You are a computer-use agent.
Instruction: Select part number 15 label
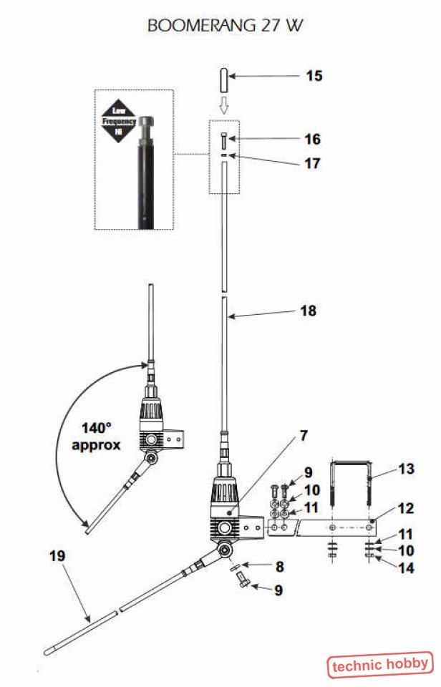pyautogui.click(x=314, y=76)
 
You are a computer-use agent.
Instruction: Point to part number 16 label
pyautogui.click(x=312, y=139)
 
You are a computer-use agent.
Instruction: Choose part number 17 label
pyautogui.click(x=312, y=163)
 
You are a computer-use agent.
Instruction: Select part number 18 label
pyautogui.click(x=309, y=311)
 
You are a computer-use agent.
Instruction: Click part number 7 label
pyautogui.click(x=304, y=435)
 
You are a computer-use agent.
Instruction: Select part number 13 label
pyautogui.click(x=406, y=469)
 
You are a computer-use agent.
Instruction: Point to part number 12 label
pyautogui.click(x=406, y=509)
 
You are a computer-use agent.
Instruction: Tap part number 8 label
pyautogui.click(x=280, y=566)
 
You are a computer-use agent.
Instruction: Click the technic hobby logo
pyautogui.click(x=380, y=665)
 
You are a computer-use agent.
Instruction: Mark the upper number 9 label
pyautogui.click(x=309, y=472)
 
